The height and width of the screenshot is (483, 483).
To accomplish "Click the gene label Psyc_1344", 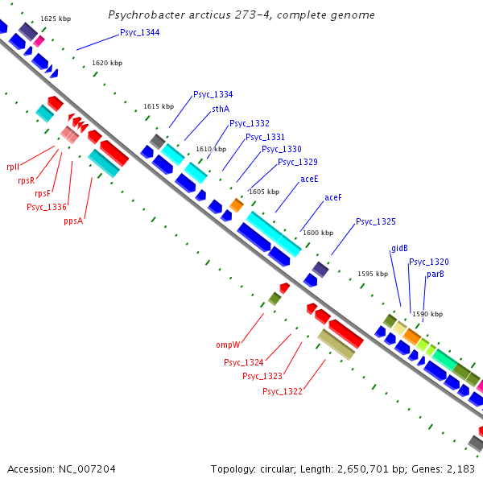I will pos(139,32).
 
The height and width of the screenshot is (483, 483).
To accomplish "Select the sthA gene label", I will pos(221,109).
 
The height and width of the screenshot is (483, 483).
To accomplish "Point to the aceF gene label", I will pos(333,197).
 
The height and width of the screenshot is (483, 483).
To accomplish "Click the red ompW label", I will pos(229,345).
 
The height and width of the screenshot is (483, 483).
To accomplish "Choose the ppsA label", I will pos(74,221).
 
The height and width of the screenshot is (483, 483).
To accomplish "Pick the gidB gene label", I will pos(400,248).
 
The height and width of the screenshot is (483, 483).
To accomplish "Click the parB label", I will pos(436,274).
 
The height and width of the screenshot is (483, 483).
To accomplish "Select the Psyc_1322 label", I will pos(283,391).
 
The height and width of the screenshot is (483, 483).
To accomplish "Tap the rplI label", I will pos(12,167).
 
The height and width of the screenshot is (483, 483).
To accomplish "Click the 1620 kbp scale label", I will pos(107,63).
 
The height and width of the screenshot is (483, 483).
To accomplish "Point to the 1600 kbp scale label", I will pos(318,233).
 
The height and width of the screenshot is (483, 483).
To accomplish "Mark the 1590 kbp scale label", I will pos(427,314).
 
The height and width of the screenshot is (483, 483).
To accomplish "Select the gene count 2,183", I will pos(460,469).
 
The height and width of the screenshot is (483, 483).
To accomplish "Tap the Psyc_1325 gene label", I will pos(376,221).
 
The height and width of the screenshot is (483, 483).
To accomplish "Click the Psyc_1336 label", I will pos(47,207).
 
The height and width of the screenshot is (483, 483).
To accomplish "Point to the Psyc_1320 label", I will pos(429,262).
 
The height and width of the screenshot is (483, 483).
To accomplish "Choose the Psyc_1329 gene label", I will pos(298,162).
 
